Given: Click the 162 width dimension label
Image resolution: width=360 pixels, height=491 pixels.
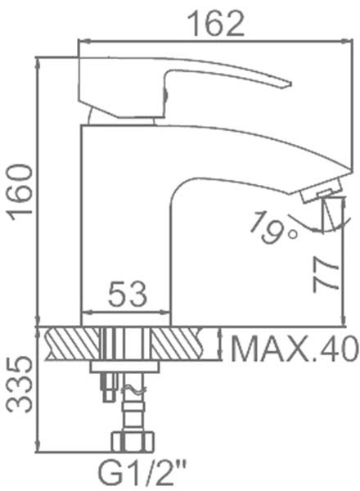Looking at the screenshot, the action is [x=217, y=24].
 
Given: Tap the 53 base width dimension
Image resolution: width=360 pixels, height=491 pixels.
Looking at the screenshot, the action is [x=128, y=294].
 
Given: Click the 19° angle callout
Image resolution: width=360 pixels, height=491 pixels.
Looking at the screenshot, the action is [x=272, y=227].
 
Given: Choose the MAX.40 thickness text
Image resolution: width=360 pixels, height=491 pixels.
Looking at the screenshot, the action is [x=295, y=348].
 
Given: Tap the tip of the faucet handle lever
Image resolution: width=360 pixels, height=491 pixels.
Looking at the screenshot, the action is [x=290, y=84].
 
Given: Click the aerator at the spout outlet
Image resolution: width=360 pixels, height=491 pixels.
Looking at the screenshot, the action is [x=322, y=190].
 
